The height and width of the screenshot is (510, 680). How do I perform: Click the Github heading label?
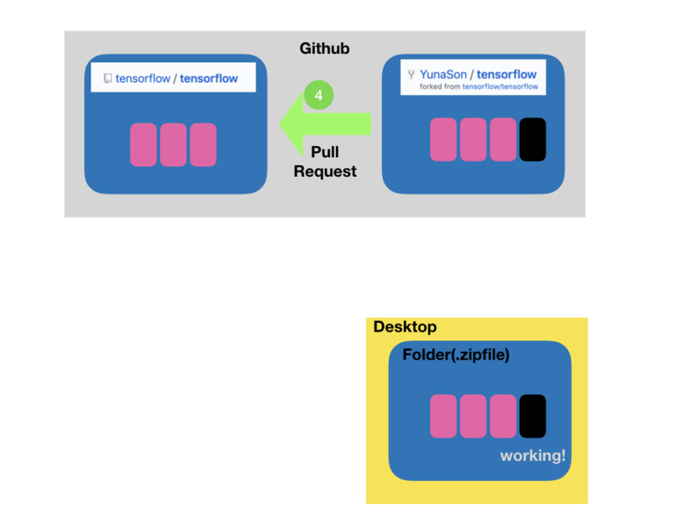tap(324, 48)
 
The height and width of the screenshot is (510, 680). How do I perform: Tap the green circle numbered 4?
tap(318, 95)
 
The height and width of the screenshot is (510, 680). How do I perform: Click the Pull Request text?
tap(325, 162)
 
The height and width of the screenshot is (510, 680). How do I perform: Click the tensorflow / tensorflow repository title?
tap(176, 78)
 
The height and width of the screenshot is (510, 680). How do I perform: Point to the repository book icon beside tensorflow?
tap(107, 78)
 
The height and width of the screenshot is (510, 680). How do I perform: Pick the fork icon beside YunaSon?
tap(411, 75)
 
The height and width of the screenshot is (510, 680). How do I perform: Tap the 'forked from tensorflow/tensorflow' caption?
tap(479, 87)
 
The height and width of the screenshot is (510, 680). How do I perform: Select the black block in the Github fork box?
tap(532, 140)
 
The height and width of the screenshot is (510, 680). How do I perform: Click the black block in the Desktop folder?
tap(532, 416)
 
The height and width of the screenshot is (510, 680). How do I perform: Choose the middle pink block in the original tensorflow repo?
tap(173, 145)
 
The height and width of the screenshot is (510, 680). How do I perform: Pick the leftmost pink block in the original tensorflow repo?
tap(143, 145)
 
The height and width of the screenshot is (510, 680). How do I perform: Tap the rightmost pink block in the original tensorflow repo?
tap(203, 145)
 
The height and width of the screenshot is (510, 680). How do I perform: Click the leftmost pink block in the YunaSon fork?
tap(443, 140)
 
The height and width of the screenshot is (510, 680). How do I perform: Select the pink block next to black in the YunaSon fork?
tap(503, 140)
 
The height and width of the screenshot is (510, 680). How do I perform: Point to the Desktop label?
tap(405, 327)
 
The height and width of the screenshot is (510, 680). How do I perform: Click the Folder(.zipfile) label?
tap(456, 355)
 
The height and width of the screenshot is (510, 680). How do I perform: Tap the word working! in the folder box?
tap(532, 455)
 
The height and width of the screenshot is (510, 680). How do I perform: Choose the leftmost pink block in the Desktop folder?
tap(443, 416)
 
